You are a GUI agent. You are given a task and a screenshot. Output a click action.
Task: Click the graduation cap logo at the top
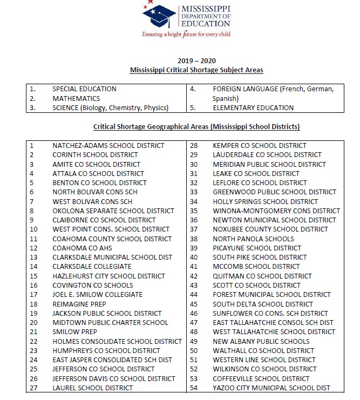point(159,16)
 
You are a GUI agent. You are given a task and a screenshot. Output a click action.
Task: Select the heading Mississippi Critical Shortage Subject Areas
point(196,70)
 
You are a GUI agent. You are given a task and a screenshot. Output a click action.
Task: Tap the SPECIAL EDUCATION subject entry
point(84,89)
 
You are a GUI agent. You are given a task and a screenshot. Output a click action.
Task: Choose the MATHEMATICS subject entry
point(76,98)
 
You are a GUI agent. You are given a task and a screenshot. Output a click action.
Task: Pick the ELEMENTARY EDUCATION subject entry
point(253,107)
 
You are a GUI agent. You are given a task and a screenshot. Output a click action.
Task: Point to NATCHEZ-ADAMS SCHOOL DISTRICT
point(108,145)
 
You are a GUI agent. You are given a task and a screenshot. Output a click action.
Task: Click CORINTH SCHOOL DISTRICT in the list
point(95,155)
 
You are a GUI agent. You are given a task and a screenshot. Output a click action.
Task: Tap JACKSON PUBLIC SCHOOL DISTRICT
point(107,313)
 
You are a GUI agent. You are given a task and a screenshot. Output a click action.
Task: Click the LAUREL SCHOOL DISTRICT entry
point(92,388)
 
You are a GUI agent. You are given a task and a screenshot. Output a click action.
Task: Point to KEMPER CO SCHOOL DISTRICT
point(260,145)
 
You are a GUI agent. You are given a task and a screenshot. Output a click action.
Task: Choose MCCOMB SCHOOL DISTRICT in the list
point(256,267)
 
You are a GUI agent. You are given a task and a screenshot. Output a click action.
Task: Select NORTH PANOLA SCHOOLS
point(253,239)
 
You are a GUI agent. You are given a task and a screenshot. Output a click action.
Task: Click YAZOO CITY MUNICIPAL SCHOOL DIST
point(271,388)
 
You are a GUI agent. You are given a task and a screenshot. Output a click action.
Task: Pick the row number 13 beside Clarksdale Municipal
point(33,257)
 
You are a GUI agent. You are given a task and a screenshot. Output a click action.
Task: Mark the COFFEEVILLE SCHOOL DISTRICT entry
point(261,378)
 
